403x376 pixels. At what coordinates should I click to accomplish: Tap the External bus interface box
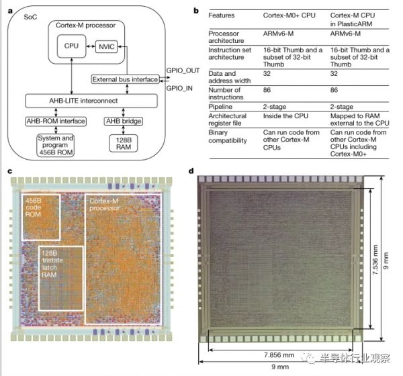[x=128, y=80]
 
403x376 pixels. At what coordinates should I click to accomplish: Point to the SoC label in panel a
[x=21, y=14]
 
